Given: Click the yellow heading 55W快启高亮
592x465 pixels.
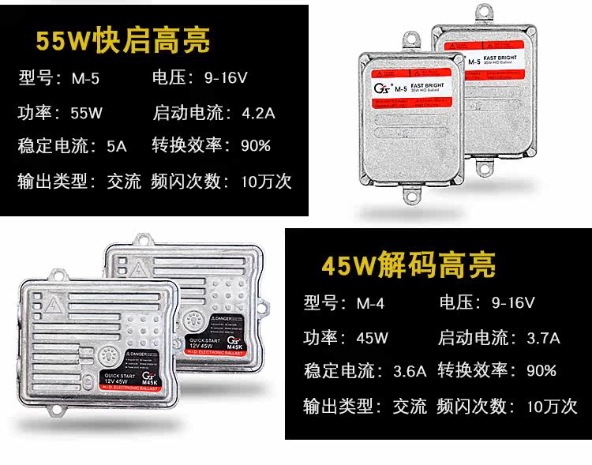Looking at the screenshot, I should (x=123, y=40).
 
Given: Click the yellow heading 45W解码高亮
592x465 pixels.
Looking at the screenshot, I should (x=410, y=264).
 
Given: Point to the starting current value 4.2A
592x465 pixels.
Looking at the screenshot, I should (x=258, y=112).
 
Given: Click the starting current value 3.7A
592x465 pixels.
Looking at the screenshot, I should (x=543, y=338).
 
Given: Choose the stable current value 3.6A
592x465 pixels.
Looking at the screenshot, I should (x=410, y=371).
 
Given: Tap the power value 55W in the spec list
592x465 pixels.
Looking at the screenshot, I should (x=86, y=112).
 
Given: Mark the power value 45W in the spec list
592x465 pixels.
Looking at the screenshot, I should (x=372, y=338).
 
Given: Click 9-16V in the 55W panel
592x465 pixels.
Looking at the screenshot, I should (x=227, y=79).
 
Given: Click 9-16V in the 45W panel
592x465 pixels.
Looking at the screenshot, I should (x=512, y=302).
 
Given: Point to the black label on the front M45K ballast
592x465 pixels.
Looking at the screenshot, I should (x=139, y=371).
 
